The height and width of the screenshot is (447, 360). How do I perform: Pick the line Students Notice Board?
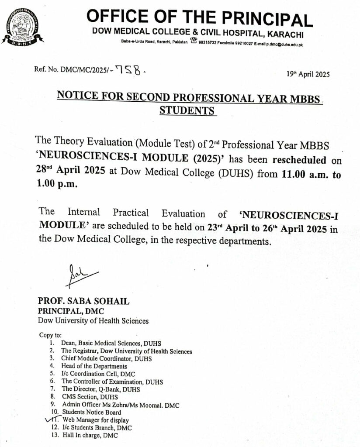(92, 412)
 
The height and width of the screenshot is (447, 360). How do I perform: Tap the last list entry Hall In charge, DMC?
(90, 435)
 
